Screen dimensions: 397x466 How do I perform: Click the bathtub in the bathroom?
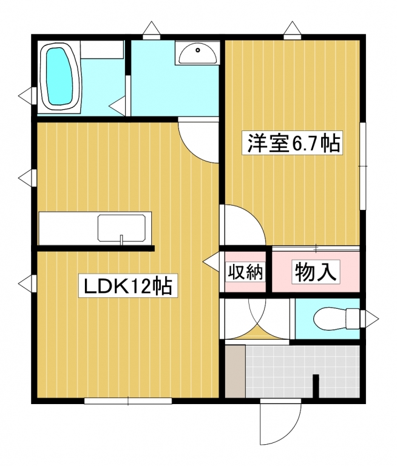(60, 77)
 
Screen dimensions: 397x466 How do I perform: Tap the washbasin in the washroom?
(197, 53)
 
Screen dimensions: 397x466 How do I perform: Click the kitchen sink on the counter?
(121, 228)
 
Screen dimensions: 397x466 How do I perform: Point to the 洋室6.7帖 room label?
(291, 143)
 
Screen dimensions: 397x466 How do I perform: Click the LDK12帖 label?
(128, 285)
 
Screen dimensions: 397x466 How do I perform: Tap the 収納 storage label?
(245, 272)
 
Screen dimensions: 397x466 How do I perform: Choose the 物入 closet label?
(316, 272)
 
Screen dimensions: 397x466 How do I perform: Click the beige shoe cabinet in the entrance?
(235, 371)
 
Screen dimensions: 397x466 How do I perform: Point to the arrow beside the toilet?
(369, 319)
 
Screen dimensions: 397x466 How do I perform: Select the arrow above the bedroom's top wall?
(293, 30)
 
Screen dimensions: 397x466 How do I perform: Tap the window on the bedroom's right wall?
(363, 166)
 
